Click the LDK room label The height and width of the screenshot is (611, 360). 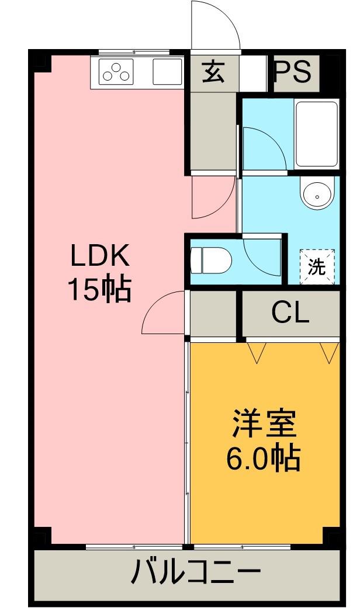click(99, 256)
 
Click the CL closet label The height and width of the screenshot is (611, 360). click(290, 314)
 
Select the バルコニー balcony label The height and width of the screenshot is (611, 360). click(195, 572)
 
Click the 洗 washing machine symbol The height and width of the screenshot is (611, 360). click(317, 267)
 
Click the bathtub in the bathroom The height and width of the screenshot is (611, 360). click(316, 134)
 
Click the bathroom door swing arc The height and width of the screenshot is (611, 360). click(262, 147)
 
